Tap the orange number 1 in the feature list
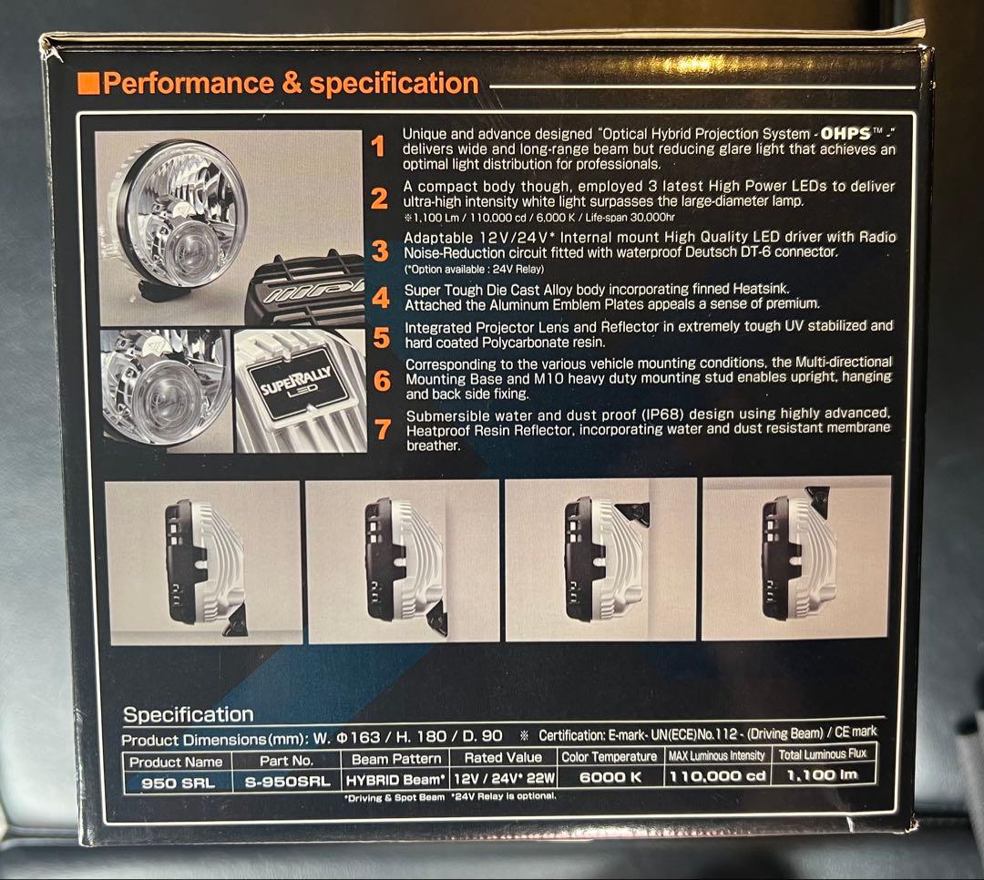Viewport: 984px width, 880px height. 380,147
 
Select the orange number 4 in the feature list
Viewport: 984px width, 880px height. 381,298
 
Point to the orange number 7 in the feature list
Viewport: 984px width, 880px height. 382,429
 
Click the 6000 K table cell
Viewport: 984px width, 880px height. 610,777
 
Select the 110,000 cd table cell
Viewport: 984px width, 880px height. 718,777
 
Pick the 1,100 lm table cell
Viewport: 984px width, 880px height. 822,776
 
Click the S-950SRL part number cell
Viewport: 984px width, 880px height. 286,781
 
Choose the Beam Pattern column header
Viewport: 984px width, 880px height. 395,758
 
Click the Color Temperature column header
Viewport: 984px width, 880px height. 609,756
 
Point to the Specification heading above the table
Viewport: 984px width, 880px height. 188,715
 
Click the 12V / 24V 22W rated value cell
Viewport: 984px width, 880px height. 502,779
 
